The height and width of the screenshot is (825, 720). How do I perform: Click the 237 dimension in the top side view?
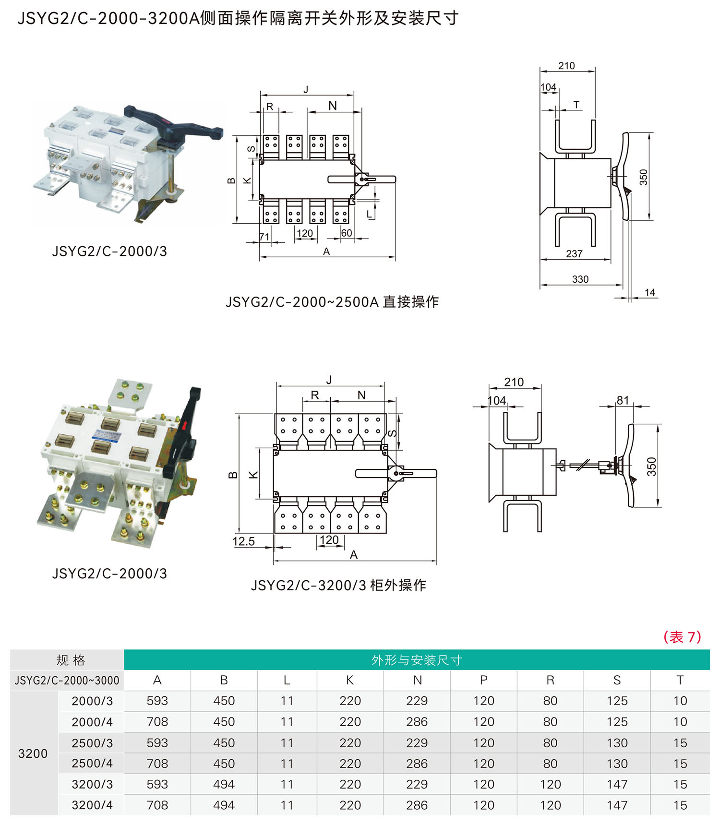tap(574, 253)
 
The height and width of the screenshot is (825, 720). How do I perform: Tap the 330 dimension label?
tap(580, 279)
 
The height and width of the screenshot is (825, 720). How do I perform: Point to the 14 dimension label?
tap(649, 292)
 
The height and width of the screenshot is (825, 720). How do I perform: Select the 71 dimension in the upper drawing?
tap(264, 237)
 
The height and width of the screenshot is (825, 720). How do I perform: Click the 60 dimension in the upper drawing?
tap(346, 233)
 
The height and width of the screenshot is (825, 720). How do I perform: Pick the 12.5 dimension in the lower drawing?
tap(243, 541)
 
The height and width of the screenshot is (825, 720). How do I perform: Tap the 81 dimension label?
tap(623, 400)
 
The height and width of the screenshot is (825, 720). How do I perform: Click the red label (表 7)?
tap(682, 637)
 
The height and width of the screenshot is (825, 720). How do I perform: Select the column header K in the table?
tap(350, 680)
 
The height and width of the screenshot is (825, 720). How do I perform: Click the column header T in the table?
tap(680, 680)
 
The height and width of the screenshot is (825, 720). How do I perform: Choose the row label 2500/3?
tap(92, 743)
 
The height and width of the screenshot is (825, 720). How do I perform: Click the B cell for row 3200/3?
tap(224, 784)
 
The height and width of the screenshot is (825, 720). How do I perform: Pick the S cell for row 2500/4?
tap(617, 764)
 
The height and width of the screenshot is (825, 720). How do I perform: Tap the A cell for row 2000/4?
tap(157, 722)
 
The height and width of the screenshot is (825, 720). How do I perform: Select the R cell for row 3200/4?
tap(550, 805)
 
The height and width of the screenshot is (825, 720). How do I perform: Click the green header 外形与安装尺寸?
tap(417, 660)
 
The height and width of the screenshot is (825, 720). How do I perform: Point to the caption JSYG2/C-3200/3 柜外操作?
tap(338, 585)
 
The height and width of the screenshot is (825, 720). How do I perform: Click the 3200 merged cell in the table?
tap(33, 753)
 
